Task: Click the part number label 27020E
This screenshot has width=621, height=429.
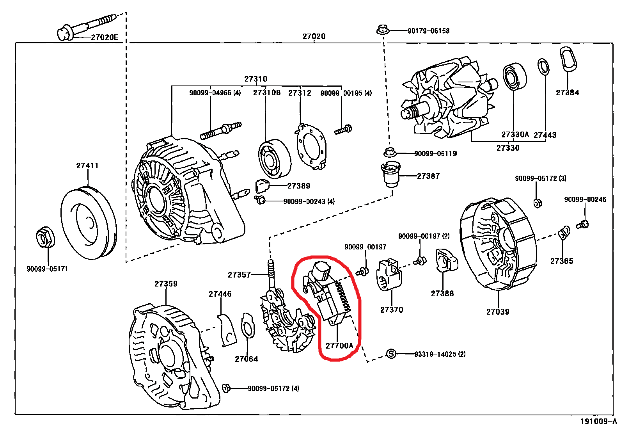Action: click(x=104, y=37)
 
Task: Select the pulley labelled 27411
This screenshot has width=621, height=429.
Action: click(x=89, y=223)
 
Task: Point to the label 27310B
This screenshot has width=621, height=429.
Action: click(x=266, y=93)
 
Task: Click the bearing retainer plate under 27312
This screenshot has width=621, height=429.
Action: click(x=311, y=146)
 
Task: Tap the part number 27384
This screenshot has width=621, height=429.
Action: click(x=567, y=93)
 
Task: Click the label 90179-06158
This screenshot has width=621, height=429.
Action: click(x=428, y=31)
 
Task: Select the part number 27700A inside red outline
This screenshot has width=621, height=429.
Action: click(x=339, y=346)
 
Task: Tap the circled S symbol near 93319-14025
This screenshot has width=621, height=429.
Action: click(x=391, y=354)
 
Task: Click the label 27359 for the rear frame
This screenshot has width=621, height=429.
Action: click(x=166, y=284)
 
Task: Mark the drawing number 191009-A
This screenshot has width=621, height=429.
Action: click(x=598, y=421)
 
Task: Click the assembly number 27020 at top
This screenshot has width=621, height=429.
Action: click(x=314, y=36)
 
